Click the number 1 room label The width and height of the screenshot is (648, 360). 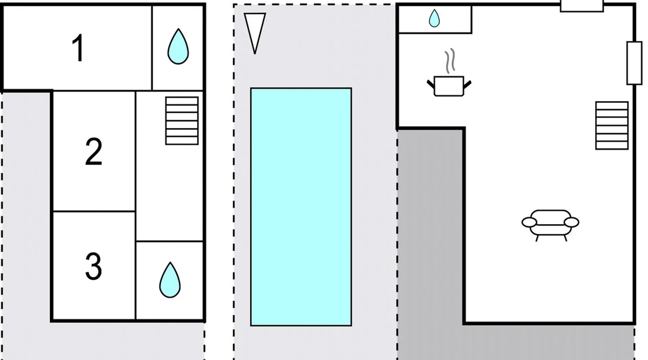78,48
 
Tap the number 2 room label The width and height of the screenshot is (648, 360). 94,152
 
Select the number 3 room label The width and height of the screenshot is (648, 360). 93,266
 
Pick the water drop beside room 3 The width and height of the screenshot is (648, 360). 170,280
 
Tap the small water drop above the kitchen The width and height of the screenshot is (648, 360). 434,18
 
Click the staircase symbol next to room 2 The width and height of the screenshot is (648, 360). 182,121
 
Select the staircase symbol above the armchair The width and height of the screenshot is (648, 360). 612,125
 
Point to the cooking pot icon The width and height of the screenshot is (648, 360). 449,86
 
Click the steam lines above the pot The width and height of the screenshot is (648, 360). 450,61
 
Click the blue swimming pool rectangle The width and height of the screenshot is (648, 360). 301,207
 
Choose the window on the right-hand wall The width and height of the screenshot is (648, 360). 634,63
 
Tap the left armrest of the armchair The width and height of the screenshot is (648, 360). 529,222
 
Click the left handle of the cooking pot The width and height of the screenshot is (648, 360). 431,84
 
